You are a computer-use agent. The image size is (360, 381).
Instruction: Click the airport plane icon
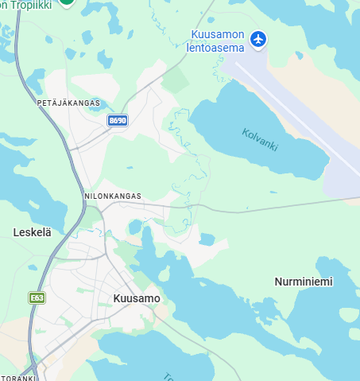point(257,38)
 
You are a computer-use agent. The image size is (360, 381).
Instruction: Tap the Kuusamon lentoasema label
point(218,41)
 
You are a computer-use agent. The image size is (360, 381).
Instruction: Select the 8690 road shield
point(118,120)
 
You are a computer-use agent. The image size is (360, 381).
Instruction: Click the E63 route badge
point(37,297)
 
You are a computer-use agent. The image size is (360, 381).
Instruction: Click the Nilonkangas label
point(112,196)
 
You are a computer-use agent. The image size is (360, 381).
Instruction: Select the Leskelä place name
point(33,232)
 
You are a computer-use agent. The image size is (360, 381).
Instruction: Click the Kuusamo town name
point(137,298)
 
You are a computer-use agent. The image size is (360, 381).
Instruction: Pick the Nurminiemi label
point(304,282)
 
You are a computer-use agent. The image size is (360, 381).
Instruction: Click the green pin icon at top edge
point(68,2)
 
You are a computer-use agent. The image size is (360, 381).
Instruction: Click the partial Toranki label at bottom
point(16,377)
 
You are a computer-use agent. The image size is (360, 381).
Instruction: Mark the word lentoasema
point(216,47)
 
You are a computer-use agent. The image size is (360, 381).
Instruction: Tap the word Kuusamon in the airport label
point(218,34)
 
